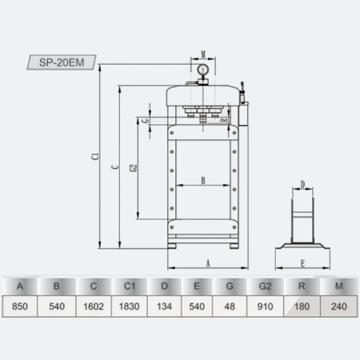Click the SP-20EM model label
[62, 62]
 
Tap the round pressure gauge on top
[203, 70]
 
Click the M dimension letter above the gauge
[203, 54]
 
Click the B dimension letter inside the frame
[203, 181]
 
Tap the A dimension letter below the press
[208, 263]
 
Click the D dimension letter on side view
[302, 184]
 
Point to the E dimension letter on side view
[302, 263]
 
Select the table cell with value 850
[20, 306]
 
